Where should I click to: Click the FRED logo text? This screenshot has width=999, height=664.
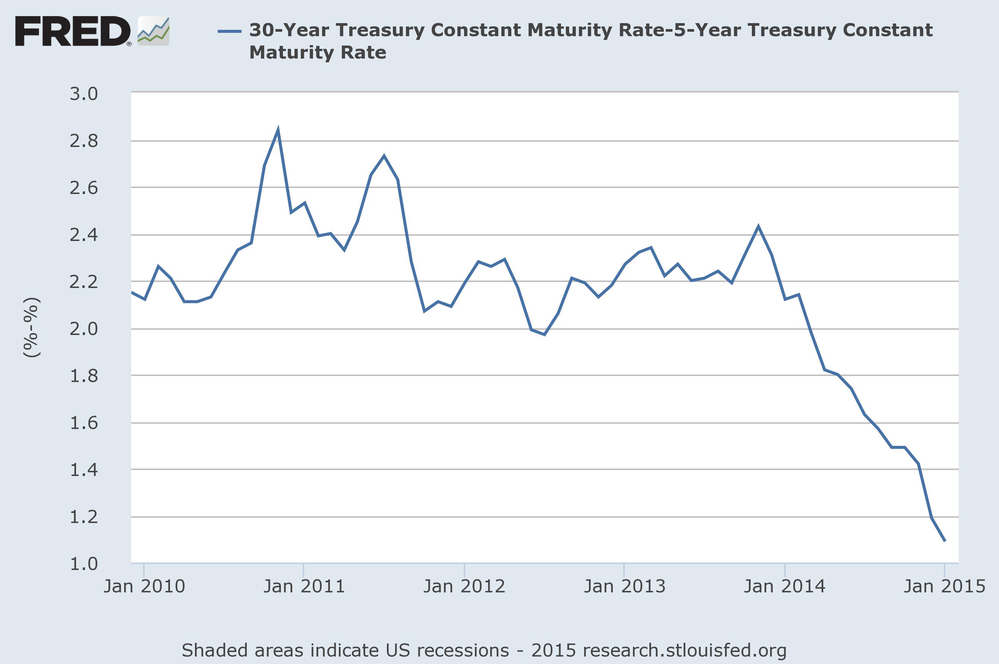73,31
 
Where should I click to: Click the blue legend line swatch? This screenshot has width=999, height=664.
229,31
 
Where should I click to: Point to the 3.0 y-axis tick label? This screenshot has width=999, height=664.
84,94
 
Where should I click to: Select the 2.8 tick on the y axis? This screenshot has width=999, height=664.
84,141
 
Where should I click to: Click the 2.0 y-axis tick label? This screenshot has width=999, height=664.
84,329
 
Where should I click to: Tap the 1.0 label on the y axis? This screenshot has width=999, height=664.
84,564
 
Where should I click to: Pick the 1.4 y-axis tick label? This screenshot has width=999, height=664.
84,470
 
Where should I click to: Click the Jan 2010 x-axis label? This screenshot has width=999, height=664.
144,586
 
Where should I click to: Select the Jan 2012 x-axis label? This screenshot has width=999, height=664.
464,586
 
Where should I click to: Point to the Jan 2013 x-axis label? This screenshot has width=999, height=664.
624,586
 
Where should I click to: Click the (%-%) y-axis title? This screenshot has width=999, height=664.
32,328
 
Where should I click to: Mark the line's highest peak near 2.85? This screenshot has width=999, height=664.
278,129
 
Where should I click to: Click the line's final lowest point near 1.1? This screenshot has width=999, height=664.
945,541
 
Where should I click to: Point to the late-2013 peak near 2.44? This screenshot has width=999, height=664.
758,226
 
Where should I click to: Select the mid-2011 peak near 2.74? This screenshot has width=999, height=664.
384,156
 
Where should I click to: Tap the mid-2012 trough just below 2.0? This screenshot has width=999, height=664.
544,335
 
